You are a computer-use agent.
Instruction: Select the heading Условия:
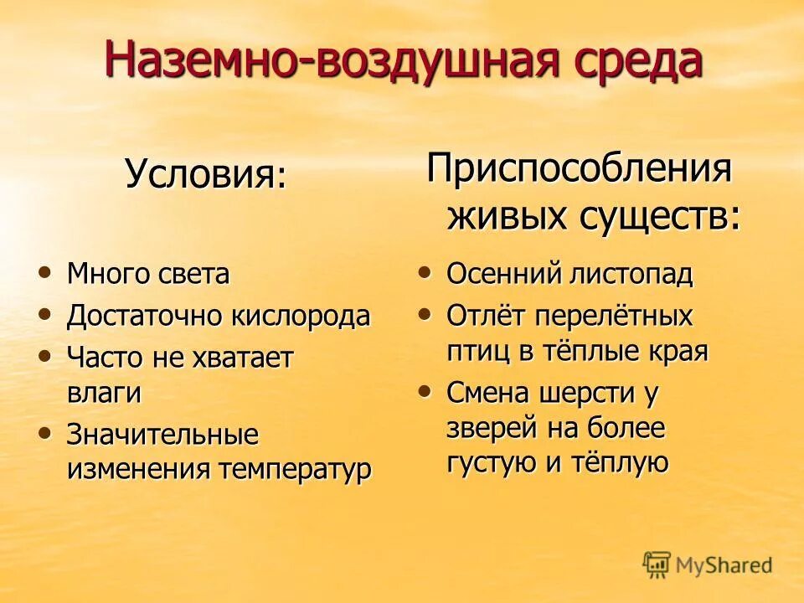tap(206, 175)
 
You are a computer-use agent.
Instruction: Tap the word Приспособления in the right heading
tap(580, 170)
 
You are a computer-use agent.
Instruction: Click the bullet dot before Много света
tap(44, 271)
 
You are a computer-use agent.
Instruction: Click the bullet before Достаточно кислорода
tap(44, 313)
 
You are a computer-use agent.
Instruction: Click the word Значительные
tap(162, 435)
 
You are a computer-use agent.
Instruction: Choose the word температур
tap(295, 469)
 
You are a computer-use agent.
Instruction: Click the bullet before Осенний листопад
tap(425, 271)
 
